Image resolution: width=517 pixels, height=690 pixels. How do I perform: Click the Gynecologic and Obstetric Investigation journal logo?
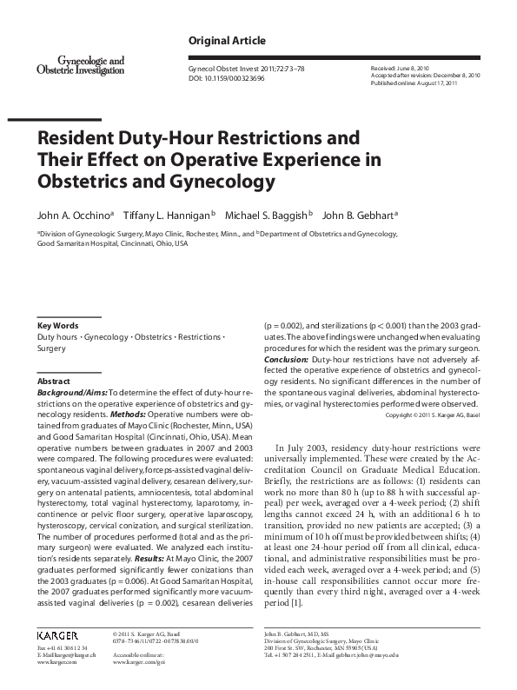80,65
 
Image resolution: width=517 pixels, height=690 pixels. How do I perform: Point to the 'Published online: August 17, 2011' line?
423,83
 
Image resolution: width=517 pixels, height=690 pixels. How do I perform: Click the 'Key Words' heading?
58,325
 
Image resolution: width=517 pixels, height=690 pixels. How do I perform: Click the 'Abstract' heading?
55,381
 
